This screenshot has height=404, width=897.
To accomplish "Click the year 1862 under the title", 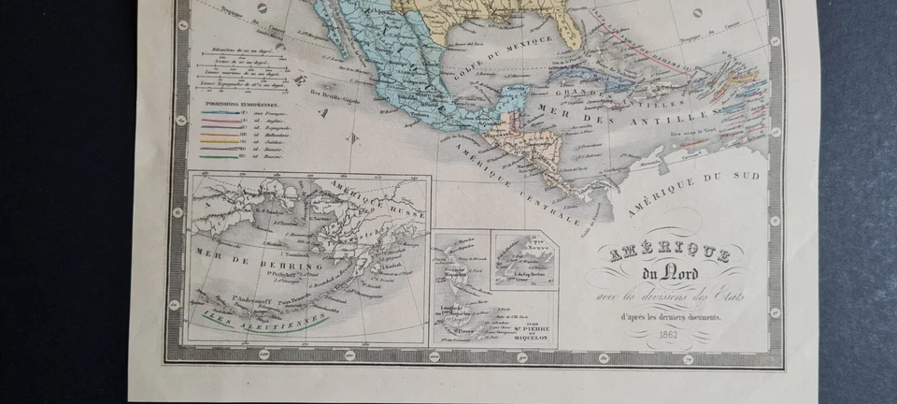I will coord(667,336).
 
